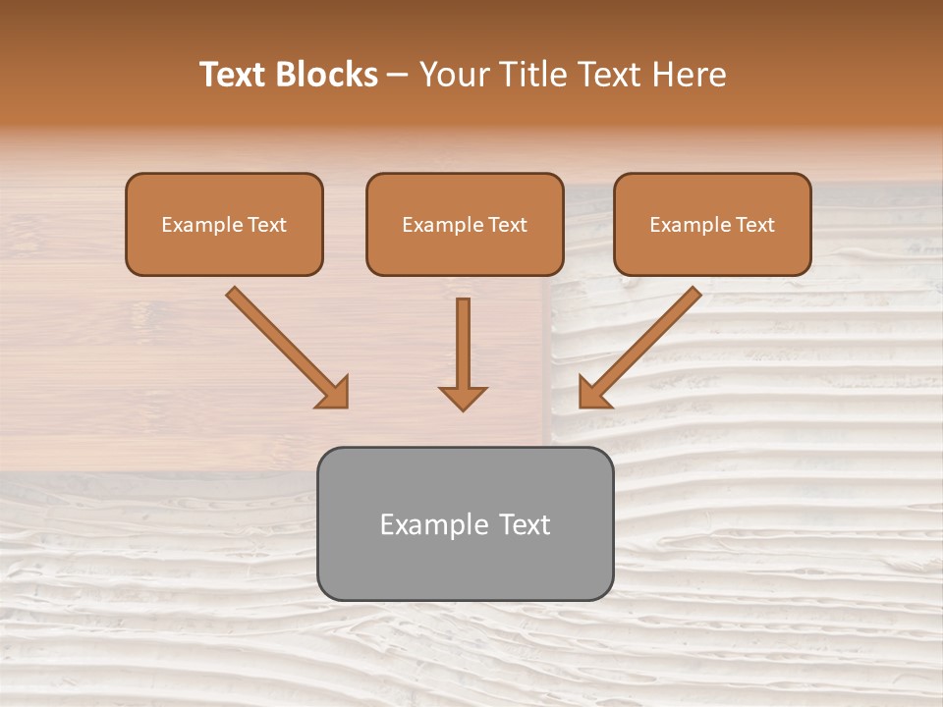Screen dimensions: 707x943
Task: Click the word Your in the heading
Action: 455,75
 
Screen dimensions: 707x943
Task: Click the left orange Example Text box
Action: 224,224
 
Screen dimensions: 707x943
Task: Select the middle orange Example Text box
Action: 465,224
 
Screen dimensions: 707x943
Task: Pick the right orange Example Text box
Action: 712,224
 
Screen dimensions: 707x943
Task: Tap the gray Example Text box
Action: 465,523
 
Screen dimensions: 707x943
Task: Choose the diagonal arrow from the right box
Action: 643,343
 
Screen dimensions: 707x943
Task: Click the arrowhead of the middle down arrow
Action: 463,397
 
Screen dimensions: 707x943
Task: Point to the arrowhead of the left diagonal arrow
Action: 334,392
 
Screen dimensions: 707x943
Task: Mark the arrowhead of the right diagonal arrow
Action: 592,392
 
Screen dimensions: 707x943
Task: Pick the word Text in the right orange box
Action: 755,225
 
